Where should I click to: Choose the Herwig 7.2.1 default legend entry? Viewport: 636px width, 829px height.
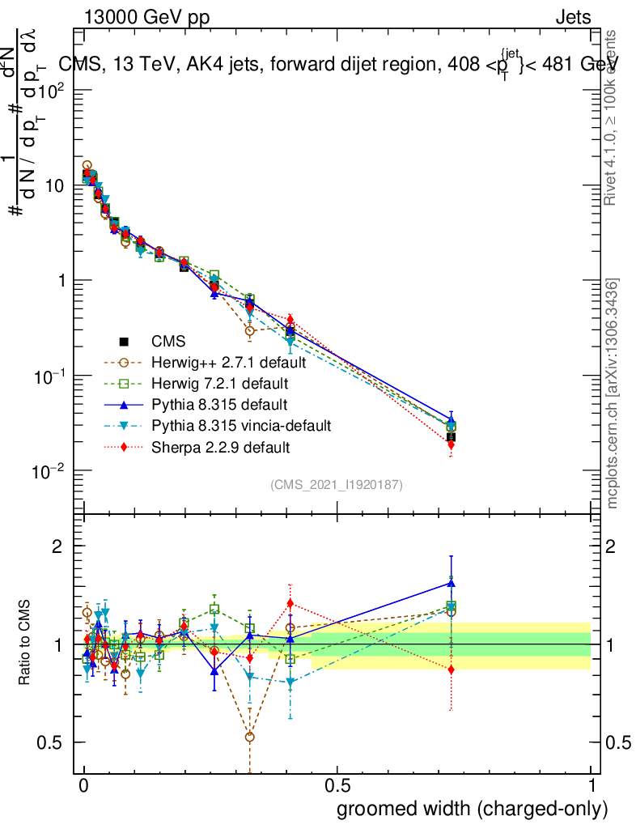(x=219, y=383)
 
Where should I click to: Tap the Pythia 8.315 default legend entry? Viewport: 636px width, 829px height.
(x=219, y=404)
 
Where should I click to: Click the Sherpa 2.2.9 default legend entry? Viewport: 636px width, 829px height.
(x=220, y=446)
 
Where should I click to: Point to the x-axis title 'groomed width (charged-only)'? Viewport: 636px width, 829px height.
(x=472, y=808)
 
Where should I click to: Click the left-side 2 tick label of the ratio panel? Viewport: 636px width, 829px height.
(x=57, y=547)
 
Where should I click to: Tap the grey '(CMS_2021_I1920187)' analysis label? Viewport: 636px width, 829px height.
(x=337, y=485)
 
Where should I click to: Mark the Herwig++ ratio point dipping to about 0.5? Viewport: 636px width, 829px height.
(x=250, y=737)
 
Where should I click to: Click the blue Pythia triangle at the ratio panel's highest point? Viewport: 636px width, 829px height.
(x=451, y=583)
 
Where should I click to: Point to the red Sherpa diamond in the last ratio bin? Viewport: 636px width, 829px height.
(x=451, y=670)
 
